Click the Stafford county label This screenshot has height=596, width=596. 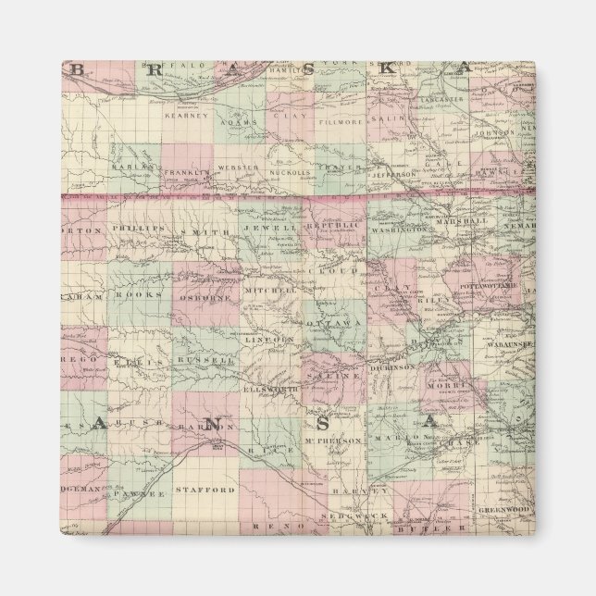click(x=205, y=490)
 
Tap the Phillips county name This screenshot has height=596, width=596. click(x=136, y=228)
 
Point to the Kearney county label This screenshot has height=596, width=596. click(x=180, y=116)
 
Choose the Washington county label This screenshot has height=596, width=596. click(x=399, y=228)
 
